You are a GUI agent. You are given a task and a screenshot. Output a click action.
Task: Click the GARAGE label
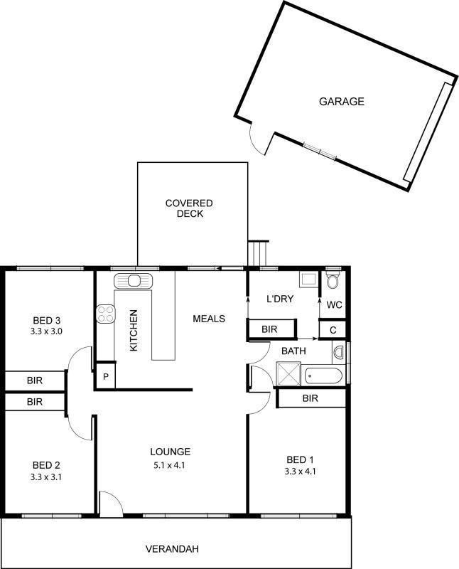(341, 102)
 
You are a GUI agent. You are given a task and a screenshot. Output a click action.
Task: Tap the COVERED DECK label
(189, 208)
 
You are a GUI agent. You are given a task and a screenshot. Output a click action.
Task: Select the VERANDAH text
(171, 549)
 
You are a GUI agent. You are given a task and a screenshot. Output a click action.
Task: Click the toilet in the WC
(333, 281)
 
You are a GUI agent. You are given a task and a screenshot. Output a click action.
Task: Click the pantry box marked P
(105, 376)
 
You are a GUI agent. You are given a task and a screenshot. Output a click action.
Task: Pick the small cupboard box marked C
(332, 329)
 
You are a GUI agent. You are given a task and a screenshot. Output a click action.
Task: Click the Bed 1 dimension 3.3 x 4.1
(300, 471)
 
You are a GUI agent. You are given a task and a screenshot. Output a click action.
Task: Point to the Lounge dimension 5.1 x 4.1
(170, 466)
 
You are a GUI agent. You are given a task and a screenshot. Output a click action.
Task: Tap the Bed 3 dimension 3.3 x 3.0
(46, 331)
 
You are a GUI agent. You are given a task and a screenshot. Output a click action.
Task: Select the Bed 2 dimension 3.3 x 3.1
(46, 477)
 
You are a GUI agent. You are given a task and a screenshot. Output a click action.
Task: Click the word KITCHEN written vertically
(134, 331)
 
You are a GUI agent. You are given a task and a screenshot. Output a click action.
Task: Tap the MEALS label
(209, 319)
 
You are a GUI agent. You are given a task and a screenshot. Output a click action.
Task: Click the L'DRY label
(280, 299)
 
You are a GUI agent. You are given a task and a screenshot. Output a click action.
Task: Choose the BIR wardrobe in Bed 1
(310, 398)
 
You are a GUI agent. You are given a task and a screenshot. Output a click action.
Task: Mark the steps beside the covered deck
(259, 252)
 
